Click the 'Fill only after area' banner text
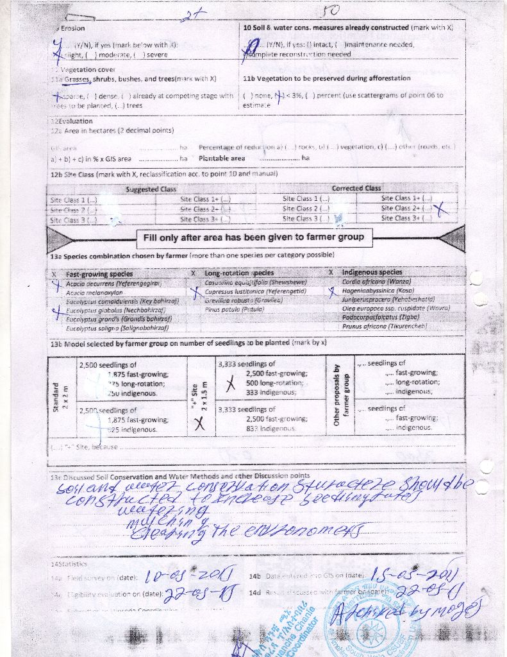point(253,237)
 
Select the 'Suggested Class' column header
point(151,189)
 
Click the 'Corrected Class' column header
point(356,189)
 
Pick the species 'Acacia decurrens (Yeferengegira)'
point(112,283)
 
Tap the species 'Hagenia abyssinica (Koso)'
point(378,291)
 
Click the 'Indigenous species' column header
point(372,273)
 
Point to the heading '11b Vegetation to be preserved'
point(327,78)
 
